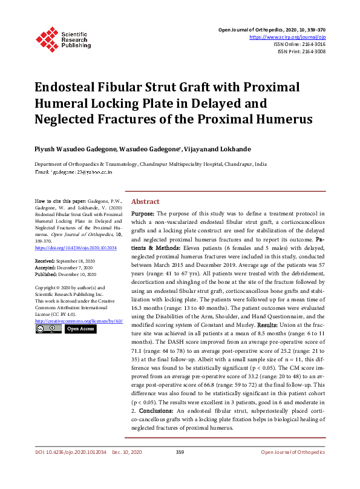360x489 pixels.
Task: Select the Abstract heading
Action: [146, 202]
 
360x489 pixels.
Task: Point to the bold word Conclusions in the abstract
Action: [155, 410]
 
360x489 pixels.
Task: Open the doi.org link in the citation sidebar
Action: [76, 248]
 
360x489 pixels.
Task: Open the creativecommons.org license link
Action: [79, 320]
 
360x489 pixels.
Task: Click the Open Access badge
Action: [79, 329]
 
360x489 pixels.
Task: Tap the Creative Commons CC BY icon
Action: [48, 329]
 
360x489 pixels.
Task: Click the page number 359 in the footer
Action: [180, 452]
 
